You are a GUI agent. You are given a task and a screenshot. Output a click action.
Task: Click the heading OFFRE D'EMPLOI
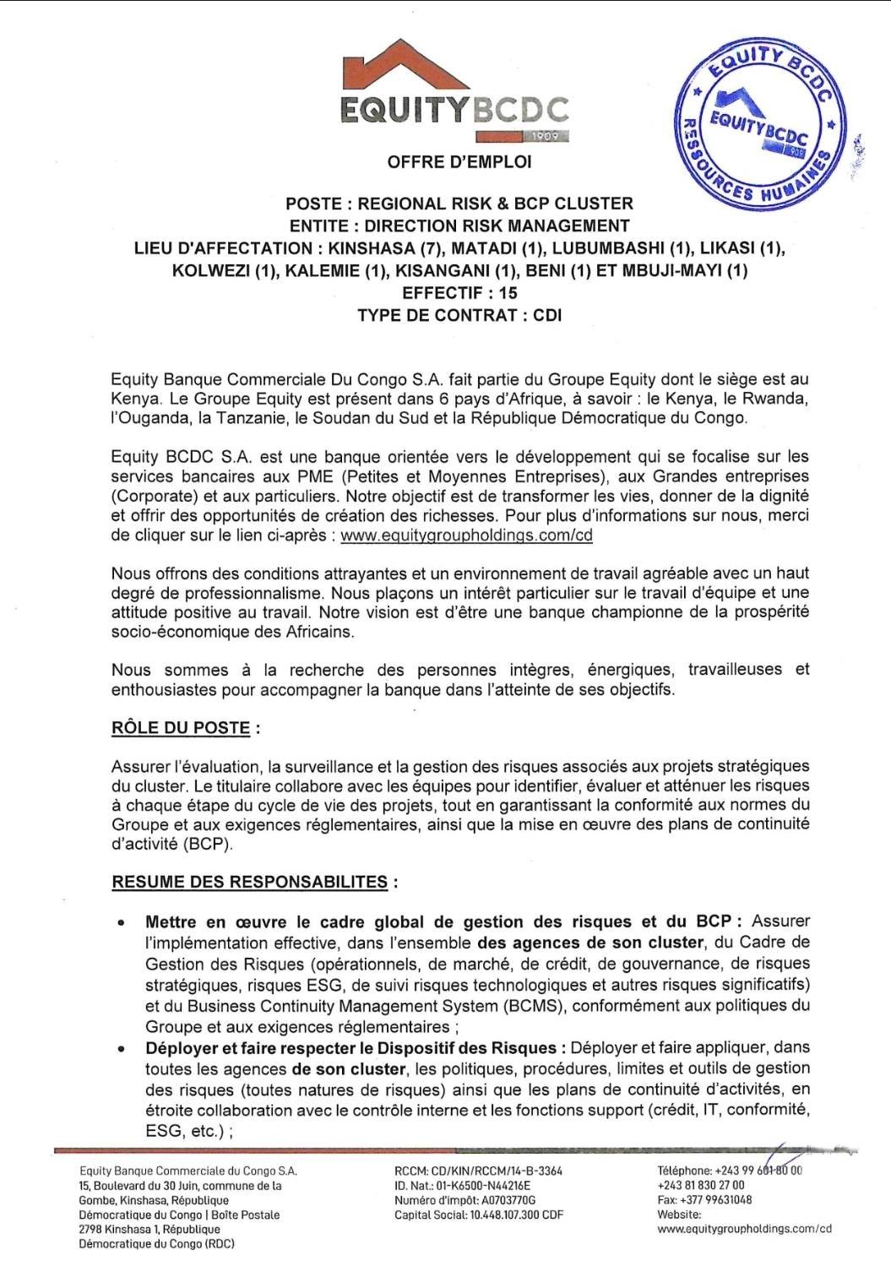pyautogui.click(x=459, y=162)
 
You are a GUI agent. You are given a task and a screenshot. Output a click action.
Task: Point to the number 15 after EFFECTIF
pyautogui.click(x=508, y=293)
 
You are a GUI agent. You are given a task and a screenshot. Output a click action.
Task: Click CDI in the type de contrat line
pyautogui.click(x=547, y=315)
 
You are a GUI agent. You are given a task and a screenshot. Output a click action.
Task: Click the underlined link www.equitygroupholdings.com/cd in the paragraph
pyautogui.click(x=466, y=535)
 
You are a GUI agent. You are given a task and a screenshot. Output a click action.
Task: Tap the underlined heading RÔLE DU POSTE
pyautogui.click(x=181, y=728)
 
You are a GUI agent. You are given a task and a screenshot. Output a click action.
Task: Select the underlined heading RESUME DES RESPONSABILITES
pyautogui.click(x=250, y=883)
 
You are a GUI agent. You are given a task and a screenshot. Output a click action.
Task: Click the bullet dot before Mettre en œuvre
pyautogui.click(x=123, y=923)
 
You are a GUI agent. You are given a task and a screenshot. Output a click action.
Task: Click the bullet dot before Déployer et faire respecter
pyautogui.click(x=123, y=1050)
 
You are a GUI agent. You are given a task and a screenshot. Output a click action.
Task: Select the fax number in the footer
pyautogui.click(x=714, y=1199)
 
